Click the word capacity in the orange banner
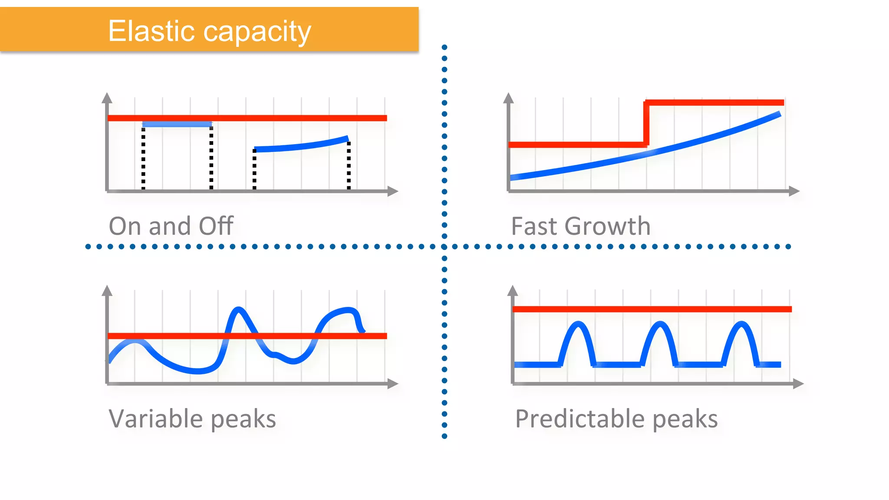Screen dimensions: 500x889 pyautogui.click(x=257, y=32)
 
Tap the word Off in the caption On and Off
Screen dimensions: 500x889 pyautogui.click(x=216, y=226)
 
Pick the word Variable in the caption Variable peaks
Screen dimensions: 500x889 pyautogui.click(x=155, y=419)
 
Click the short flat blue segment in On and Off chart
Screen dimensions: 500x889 pyautogui.click(x=177, y=125)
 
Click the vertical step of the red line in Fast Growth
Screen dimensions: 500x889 pyautogui.click(x=646, y=124)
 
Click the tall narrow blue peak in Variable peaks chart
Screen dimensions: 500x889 pyautogui.click(x=238, y=310)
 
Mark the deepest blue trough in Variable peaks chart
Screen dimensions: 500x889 pyautogui.click(x=198, y=371)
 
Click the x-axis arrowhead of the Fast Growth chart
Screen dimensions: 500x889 pyautogui.click(x=794, y=191)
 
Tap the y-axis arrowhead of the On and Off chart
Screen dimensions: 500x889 pyautogui.click(x=107, y=98)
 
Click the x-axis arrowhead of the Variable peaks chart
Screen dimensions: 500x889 pyautogui.click(x=393, y=383)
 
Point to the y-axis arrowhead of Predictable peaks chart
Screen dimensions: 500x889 pyautogui.click(x=513, y=290)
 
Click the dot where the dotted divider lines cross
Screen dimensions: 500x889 pyautogui.click(x=444, y=247)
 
